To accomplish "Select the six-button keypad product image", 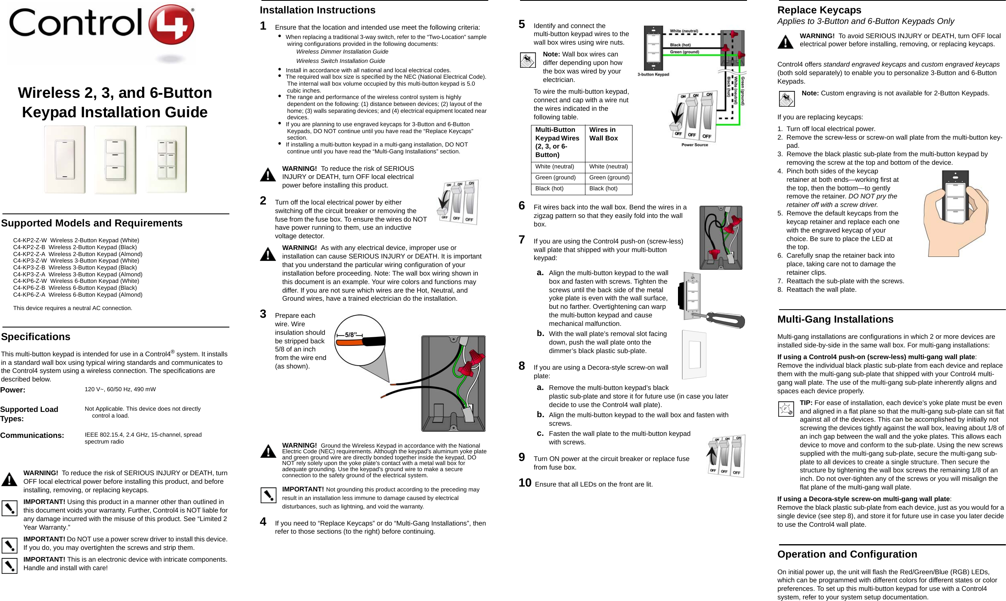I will [166, 159].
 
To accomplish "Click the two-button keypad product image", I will [65, 159].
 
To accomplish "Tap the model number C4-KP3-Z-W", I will [30, 261].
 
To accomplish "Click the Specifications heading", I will [36, 337].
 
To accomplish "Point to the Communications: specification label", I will [32, 435].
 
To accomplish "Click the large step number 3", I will [263, 314].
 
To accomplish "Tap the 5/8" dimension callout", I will [351, 335].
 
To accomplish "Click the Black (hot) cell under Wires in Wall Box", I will [603, 189].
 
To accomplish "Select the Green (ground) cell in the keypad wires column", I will [555, 178].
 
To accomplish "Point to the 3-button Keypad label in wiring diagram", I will [653, 74].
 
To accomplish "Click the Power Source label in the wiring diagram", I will [695, 145].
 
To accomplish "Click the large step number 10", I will [525, 483].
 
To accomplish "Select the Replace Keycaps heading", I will [819, 10].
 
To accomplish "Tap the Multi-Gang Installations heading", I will [835, 319].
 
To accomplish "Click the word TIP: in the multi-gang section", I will [806, 403].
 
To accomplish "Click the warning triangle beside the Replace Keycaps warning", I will [786, 42].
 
